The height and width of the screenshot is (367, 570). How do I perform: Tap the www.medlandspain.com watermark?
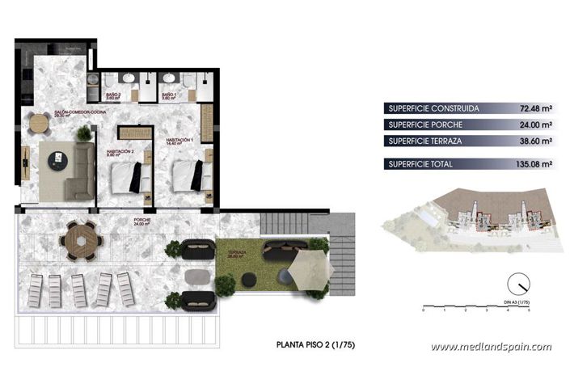click(x=491, y=347)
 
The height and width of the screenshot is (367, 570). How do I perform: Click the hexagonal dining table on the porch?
click(x=81, y=239)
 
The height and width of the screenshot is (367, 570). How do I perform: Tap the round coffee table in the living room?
click(x=57, y=159)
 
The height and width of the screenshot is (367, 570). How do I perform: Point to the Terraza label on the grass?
click(x=237, y=252)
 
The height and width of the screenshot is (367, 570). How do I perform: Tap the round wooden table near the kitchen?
click(x=39, y=124)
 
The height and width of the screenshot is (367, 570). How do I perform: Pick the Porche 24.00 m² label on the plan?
click(x=143, y=221)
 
